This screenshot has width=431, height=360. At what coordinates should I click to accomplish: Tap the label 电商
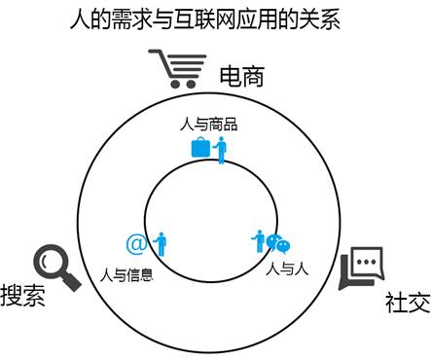coord(241,76)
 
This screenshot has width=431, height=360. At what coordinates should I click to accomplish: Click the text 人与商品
coord(209,125)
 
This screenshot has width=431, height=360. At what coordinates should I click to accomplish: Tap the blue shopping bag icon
coord(199,148)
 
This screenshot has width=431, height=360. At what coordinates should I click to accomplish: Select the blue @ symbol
coord(136,243)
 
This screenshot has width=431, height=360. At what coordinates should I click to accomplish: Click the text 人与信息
coord(127,273)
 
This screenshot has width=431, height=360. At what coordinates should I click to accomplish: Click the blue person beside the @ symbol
coord(160,243)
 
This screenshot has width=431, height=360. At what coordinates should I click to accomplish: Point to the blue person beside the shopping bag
coord(221,150)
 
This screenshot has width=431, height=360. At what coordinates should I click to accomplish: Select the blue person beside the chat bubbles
coord(260,240)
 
